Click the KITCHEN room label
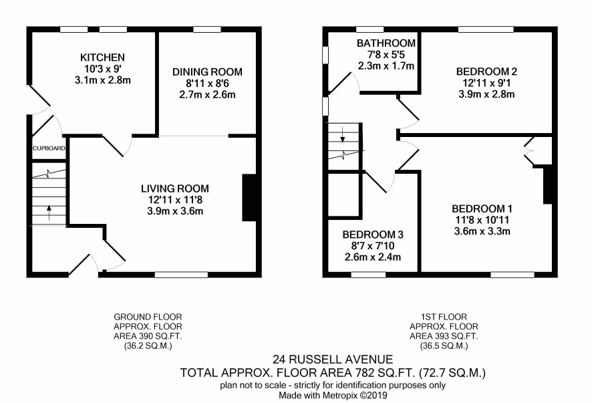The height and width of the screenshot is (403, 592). click(x=102, y=57)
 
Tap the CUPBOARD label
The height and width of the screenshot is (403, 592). click(x=49, y=148)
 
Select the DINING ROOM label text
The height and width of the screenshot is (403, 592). click(x=207, y=72)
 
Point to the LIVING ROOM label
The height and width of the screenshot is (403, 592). click(x=175, y=188)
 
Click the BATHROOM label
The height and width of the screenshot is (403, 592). click(x=386, y=43)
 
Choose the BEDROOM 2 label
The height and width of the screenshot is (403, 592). click(x=486, y=72)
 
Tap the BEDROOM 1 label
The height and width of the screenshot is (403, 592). click(x=482, y=209)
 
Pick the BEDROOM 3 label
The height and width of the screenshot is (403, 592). click(x=373, y=235)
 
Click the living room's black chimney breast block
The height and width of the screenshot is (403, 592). click(x=249, y=198)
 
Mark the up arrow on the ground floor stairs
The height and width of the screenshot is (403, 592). click(x=49, y=213)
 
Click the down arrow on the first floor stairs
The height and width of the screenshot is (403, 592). click(x=343, y=135)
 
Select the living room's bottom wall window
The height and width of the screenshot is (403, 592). click(x=181, y=275)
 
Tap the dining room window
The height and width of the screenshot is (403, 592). click(x=207, y=29)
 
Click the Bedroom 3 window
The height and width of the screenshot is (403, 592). click(x=368, y=275)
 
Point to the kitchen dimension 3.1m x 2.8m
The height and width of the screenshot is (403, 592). click(x=103, y=80)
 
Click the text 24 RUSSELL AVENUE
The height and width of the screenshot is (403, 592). click(x=333, y=359)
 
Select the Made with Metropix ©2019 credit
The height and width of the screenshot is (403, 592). click(x=333, y=396)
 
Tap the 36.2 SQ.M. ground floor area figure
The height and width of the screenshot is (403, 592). click(x=148, y=346)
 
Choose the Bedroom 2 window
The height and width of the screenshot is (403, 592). click(x=486, y=29)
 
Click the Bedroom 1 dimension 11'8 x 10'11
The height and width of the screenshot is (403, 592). click(x=482, y=220)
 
